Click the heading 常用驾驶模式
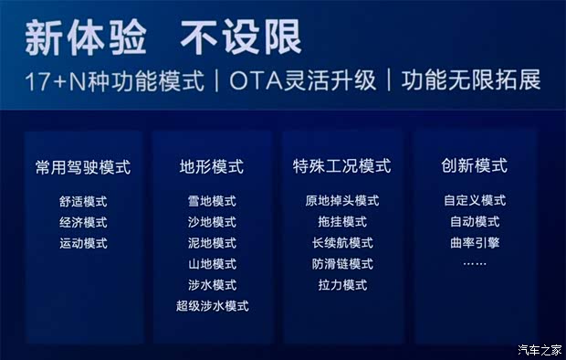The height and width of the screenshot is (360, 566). click(83, 167)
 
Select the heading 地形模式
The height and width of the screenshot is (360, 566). click(212, 167)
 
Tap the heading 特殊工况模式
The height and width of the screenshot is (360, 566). click(341, 167)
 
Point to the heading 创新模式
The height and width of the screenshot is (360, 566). click(474, 166)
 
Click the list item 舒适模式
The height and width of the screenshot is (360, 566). click(83, 201)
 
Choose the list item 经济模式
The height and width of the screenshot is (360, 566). click(83, 222)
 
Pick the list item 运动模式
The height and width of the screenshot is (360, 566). click(83, 243)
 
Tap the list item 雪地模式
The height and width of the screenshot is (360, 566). click(212, 201)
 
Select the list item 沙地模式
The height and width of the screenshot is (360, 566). click(212, 222)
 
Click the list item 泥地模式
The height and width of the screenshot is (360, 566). click(212, 243)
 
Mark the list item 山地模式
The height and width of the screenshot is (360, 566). click(212, 264)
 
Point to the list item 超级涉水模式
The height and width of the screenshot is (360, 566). click(212, 306)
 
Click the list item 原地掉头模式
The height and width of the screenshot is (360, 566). click(341, 201)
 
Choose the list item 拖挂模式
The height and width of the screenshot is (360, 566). click(341, 222)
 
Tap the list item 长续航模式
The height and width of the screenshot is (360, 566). click(341, 243)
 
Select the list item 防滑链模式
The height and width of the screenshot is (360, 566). click(341, 264)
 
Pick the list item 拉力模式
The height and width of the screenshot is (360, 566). click(341, 285)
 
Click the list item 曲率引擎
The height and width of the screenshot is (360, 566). click(474, 243)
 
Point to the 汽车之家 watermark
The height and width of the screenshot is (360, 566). click(538, 349)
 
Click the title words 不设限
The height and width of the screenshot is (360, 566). click(241, 37)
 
